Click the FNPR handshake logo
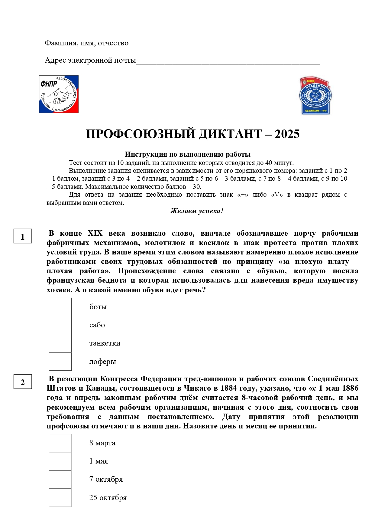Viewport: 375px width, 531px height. pyautogui.click(x=59, y=94)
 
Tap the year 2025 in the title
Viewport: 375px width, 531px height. pyautogui.click(x=287, y=134)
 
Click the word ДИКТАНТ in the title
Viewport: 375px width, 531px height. pyautogui.click(x=231, y=134)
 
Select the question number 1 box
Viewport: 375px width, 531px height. pyautogui.click(x=23, y=237)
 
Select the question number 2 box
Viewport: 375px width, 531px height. pyautogui.click(x=23, y=382)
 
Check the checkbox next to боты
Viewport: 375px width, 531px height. pyautogui.click(x=60, y=307)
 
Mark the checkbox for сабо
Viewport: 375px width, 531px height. pyautogui.click(x=60, y=325)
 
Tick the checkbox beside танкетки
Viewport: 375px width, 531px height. pyautogui.click(x=60, y=343)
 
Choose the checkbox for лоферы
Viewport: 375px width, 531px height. pyautogui.click(x=60, y=361)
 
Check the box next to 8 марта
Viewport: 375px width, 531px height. pyautogui.click(x=60, y=443)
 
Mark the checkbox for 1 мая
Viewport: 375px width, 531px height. pyautogui.click(x=60, y=461)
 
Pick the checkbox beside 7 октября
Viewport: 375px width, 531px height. pyautogui.click(x=60, y=479)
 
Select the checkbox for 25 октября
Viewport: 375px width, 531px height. pyautogui.click(x=60, y=498)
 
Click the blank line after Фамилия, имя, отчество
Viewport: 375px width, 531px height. pyautogui.click(x=224, y=45)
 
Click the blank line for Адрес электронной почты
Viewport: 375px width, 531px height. pyautogui.click(x=228, y=63)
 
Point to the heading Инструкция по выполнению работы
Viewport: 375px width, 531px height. pyautogui.click(x=188, y=154)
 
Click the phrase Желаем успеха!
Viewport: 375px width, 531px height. pyautogui.click(x=196, y=211)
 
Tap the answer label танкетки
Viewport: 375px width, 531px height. pyautogui.click(x=105, y=343)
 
